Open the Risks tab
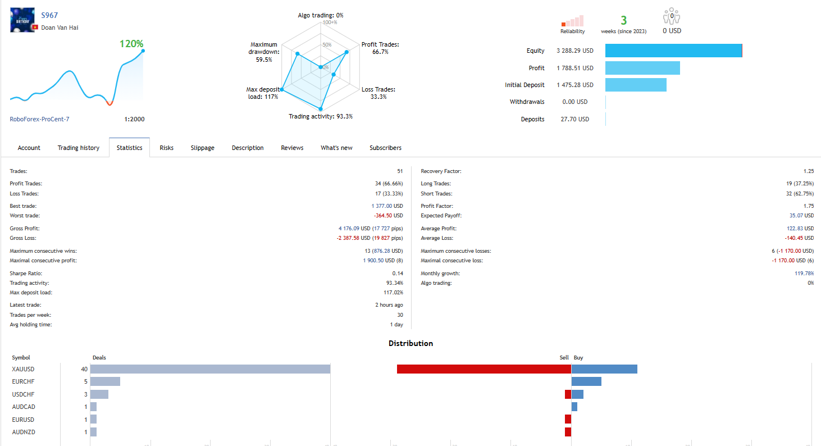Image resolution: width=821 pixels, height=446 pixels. (x=166, y=148)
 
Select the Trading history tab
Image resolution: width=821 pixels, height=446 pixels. (x=79, y=148)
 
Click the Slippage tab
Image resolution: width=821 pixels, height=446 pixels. (x=202, y=148)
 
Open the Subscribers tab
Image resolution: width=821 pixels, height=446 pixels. (x=385, y=148)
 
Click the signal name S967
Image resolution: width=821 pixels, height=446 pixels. (x=49, y=15)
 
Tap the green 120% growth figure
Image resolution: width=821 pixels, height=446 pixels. (x=131, y=43)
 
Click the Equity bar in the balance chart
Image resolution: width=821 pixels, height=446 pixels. (x=673, y=51)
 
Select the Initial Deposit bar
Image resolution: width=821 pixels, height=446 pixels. (x=636, y=85)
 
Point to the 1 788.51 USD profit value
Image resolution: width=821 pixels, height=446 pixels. (x=574, y=68)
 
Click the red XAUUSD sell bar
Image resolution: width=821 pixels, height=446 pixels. (x=484, y=369)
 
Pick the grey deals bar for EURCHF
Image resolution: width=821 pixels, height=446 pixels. (x=105, y=381)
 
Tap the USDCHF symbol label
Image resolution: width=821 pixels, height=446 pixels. (x=23, y=394)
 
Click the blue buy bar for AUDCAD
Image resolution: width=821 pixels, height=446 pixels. (x=574, y=407)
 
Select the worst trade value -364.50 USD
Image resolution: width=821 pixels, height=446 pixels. (x=388, y=216)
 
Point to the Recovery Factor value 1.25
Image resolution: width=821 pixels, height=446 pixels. (x=808, y=171)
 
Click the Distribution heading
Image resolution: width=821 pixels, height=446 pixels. (x=410, y=343)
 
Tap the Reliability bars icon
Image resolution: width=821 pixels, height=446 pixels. (x=572, y=21)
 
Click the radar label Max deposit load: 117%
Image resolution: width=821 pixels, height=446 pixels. (x=262, y=93)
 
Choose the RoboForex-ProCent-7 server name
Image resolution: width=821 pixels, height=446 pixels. (x=39, y=119)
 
